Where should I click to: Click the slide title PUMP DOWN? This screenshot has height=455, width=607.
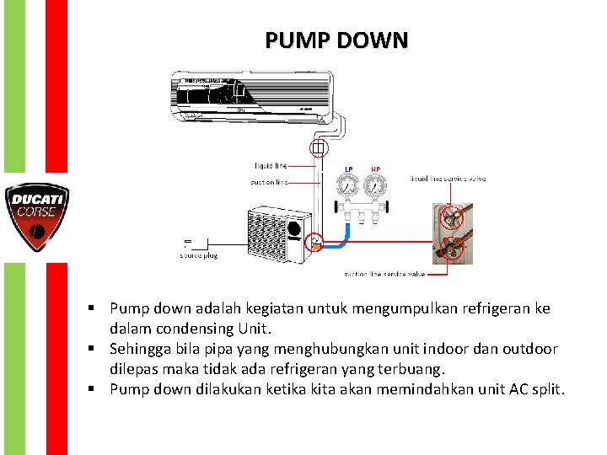[x=336, y=40]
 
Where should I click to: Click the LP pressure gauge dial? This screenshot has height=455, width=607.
[x=348, y=187]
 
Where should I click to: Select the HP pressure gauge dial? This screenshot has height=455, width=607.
[x=375, y=187]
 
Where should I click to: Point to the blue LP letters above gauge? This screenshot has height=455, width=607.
[x=349, y=169]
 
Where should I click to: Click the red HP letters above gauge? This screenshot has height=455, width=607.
[x=375, y=169]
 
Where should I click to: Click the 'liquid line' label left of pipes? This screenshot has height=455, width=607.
[x=270, y=166]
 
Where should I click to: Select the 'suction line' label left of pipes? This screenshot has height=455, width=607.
[x=269, y=182]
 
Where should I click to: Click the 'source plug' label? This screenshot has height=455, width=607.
[x=198, y=255]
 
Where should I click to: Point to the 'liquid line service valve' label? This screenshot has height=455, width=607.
[x=449, y=179]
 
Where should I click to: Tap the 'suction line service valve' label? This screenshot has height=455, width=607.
[x=384, y=274]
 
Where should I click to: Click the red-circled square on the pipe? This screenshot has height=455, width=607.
[x=317, y=150]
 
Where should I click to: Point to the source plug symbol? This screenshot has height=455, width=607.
[x=189, y=244]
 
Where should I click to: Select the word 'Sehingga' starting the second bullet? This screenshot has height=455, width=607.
[x=139, y=349]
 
